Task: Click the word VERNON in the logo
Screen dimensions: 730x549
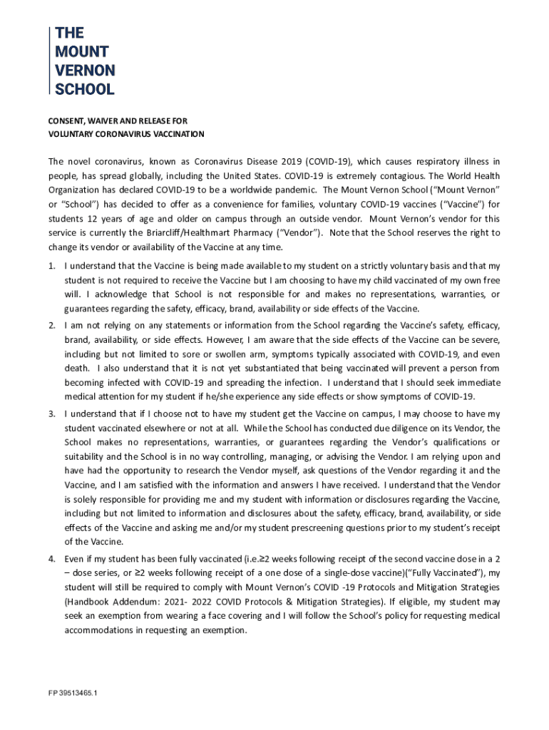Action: [x=85, y=70]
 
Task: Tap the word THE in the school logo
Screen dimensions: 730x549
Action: [x=70, y=33]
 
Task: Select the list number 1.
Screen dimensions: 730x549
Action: [x=51, y=266]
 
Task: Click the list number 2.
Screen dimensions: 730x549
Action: [x=51, y=325]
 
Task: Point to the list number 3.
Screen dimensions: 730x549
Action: [x=51, y=413]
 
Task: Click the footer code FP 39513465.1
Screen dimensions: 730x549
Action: [x=73, y=693]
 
